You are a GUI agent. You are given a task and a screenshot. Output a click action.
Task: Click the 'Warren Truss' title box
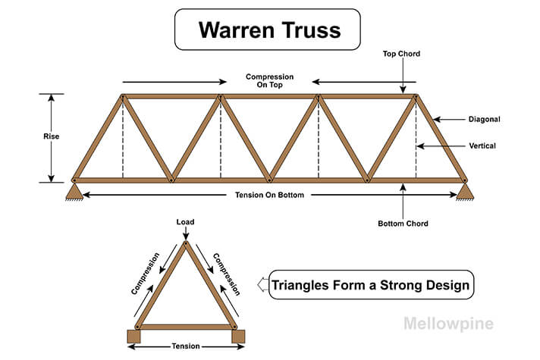(x=269, y=30)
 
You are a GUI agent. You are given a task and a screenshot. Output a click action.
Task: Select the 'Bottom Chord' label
(x=403, y=224)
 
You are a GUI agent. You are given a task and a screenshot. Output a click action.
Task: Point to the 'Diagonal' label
(x=484, y=119)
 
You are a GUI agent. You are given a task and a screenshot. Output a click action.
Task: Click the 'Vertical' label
(x=482, y=146)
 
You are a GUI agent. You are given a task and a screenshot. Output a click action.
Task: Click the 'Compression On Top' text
(x=269, y=81)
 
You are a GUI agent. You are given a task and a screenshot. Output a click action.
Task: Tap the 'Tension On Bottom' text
(x=269, y=196)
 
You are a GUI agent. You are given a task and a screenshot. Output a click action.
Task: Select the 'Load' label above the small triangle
(x=186, y=222)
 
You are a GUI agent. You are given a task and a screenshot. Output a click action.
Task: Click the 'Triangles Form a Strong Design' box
(x=371, y=286)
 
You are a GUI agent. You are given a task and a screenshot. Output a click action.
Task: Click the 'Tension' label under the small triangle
(x=185, y=346)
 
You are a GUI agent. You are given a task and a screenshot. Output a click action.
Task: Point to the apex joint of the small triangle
(x=186, y=243)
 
